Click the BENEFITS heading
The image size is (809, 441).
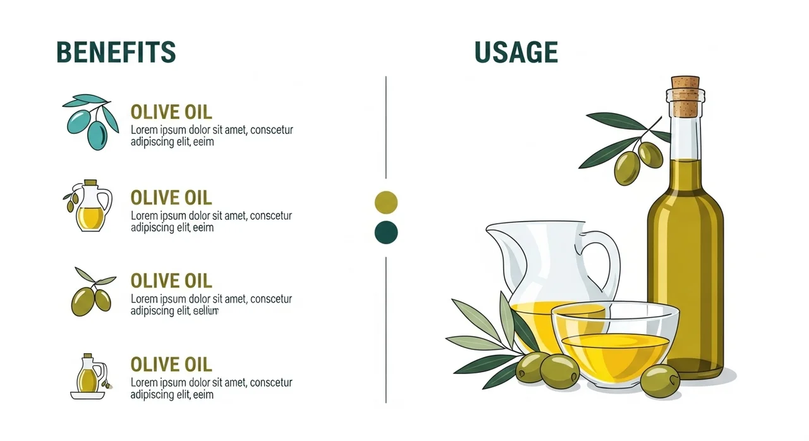[116, 52]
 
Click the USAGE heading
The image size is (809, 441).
[516, 52]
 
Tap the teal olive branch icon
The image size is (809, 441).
[90, 122]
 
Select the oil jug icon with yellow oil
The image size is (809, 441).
[88, 205]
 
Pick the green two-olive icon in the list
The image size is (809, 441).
[93, 293]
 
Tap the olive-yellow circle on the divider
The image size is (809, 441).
[386, 202]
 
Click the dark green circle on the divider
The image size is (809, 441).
[386, 233]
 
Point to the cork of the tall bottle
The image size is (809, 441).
[685, 95]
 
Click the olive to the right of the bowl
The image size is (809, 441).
[660, 381]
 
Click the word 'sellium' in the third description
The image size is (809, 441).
[205, 311]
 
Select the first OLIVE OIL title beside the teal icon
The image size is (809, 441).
[171, 112]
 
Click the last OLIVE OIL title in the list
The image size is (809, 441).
[171, 365]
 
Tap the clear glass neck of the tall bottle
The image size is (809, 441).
[685, 138]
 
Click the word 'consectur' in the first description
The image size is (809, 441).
[271, 130]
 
